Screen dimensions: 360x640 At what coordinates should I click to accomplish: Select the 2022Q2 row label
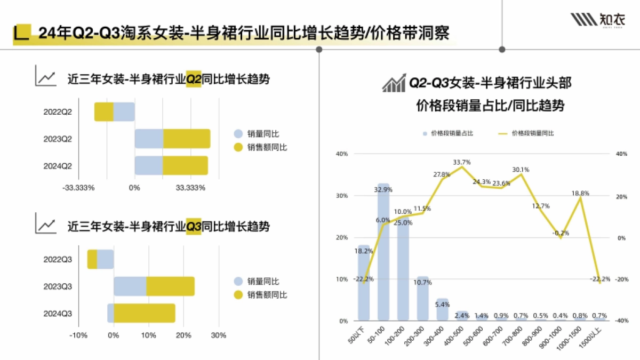[58, 112]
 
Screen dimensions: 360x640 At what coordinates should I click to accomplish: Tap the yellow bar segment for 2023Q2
[187, 139]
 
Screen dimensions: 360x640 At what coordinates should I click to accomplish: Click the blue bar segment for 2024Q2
[148, 165]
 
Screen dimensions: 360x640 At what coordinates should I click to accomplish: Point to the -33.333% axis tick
[78, 188]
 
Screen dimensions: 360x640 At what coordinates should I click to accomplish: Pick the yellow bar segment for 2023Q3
[170, 286]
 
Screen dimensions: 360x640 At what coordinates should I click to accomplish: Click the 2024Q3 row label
[58, 313]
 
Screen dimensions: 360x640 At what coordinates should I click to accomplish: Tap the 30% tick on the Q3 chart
[219, 335]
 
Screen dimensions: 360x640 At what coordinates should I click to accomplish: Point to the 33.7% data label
[462, 162]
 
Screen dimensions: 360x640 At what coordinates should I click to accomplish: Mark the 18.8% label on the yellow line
[580, 194]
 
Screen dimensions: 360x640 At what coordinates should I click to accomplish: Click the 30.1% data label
[521, 170]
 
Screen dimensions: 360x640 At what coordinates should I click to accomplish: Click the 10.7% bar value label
[423, 282]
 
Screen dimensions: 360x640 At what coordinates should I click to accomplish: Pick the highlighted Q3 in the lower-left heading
[193, 227]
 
